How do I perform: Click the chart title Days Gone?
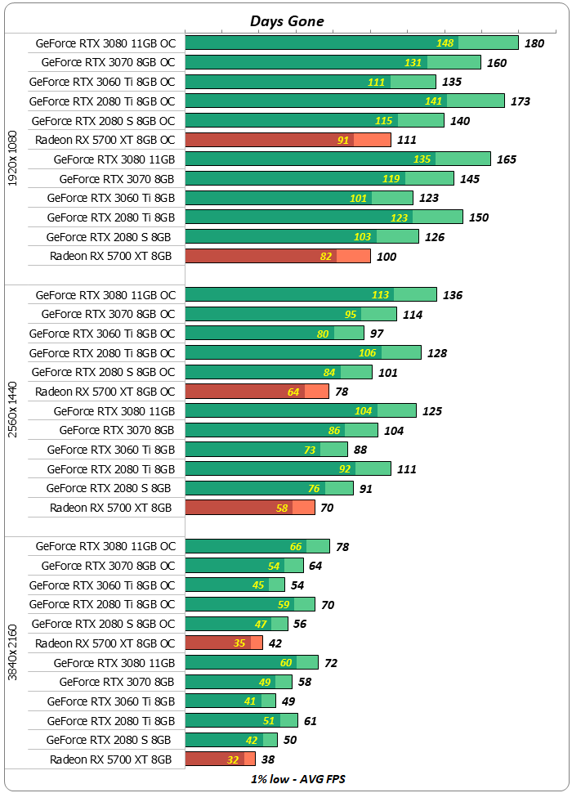tap(286, 22)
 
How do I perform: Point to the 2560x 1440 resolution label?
tap(12, 410)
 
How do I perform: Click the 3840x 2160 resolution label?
tap(12, 652)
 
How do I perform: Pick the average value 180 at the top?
tap(534, 43)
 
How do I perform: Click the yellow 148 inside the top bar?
tap(445, 43)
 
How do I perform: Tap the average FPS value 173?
tap(520, 101)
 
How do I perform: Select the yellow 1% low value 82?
tap(326, 257)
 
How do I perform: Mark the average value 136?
tap(452, 295)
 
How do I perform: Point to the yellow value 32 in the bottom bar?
tap(233, 759)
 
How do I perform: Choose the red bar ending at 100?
tap(278, 257)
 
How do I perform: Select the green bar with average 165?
tap(337, 159)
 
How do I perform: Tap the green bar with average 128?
tap(303, 352)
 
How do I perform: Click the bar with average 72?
tap(252, 662)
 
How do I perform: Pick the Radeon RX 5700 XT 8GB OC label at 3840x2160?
tap(105, 643)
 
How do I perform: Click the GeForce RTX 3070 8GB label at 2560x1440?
tap(117, 430)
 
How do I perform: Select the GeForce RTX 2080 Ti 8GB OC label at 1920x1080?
tap(102, 101)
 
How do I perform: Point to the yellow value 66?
tap(296, 547)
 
